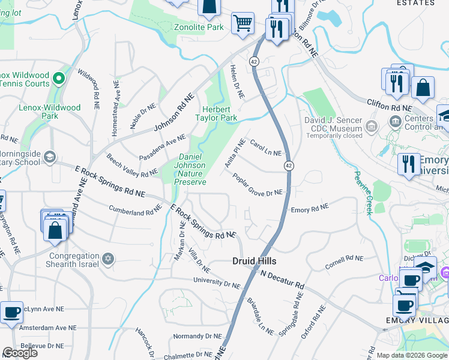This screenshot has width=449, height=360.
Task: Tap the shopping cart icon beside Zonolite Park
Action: coord(243,23)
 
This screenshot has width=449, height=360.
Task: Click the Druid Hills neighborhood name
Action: coord(255,261)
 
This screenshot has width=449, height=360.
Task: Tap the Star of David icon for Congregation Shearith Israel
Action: coord(109,259)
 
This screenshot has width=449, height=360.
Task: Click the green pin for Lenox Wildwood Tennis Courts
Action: coord(59,78)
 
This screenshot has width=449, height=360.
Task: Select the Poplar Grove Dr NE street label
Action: coord(258,185)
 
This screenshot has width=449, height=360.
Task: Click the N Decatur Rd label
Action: coord(283,280)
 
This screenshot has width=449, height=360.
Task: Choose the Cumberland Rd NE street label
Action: coord(136,211)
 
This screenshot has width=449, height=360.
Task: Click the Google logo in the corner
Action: coord(20,353)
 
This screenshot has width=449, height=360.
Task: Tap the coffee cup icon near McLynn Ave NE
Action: coord(11,313)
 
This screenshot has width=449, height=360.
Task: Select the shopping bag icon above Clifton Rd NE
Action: coord(423,88)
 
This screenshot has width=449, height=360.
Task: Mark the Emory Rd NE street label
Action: coord(310,208)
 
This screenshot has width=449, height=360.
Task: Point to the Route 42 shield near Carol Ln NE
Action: coord(289,165)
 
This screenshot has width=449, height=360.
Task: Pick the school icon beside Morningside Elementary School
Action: coord(49,157)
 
